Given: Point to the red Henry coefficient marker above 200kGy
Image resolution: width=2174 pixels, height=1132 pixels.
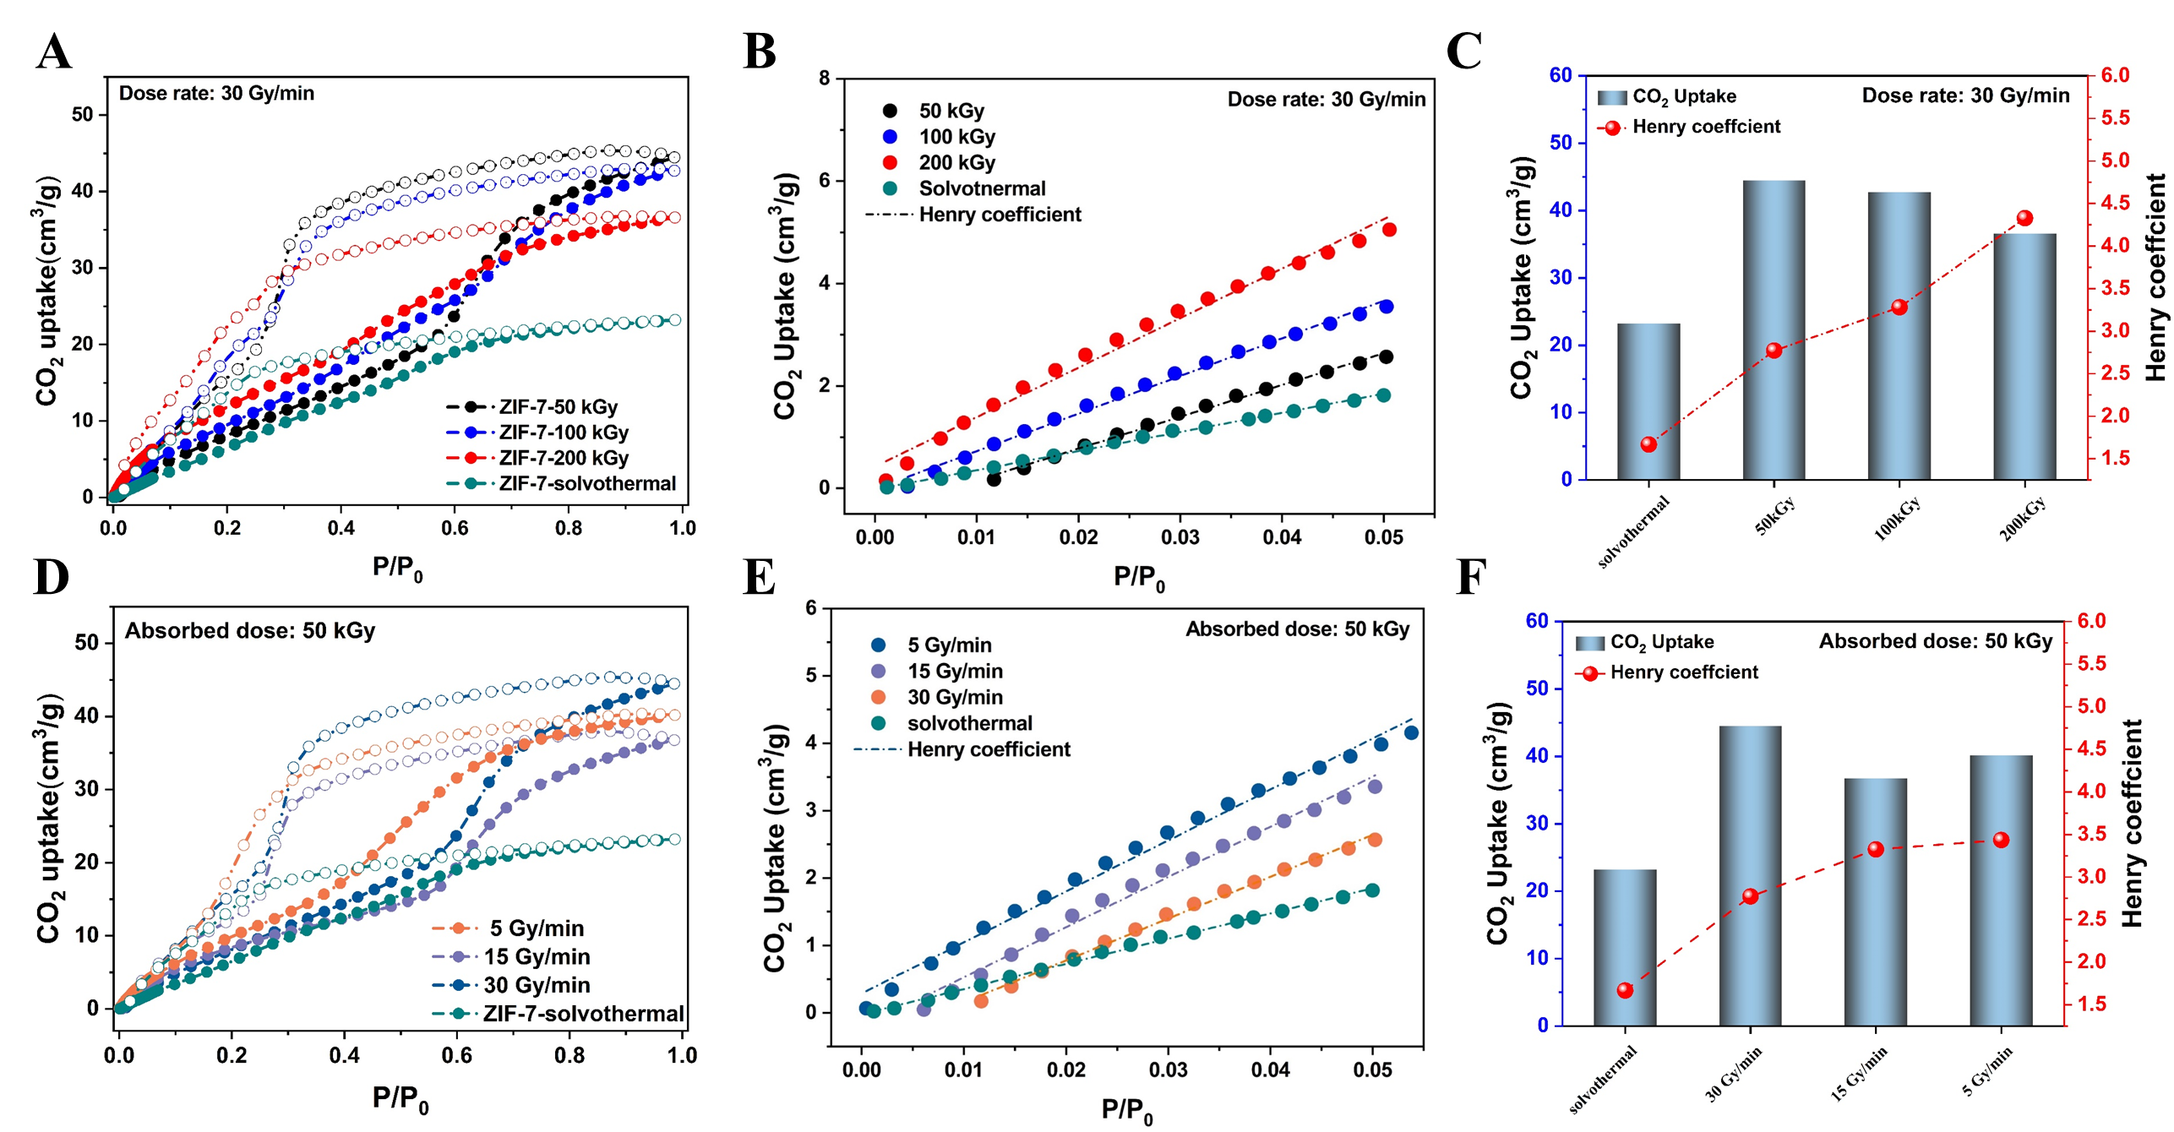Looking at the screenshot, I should tap(2024, 219).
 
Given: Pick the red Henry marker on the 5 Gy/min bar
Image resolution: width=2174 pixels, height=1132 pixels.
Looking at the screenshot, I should tap(2001, 840).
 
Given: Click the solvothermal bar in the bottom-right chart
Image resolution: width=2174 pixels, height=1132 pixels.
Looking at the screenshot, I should tap(1624, 947).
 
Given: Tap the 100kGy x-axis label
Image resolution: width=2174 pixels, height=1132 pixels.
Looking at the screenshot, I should tap(1898, 517).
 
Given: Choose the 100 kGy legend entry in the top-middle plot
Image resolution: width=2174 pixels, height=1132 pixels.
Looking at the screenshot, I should tap(956, 137).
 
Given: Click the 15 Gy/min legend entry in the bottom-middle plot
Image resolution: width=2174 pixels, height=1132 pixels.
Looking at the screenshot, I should tap(955, 672).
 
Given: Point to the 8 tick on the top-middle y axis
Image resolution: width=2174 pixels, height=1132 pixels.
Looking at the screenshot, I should tap(824, 79).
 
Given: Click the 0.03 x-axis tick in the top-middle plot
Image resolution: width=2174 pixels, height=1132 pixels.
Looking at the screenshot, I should tap(1180, 538).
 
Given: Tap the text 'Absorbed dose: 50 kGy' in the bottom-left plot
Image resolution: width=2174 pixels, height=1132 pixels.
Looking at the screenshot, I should tap(250, 631).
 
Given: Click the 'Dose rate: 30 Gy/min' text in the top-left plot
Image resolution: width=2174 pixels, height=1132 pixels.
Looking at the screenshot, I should tap(216, 93).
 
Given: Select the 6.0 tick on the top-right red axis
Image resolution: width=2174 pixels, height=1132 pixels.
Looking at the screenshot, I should tap(2116, 75).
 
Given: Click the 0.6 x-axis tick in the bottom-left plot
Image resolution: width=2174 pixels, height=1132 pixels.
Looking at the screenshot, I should tap(457, 1055).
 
